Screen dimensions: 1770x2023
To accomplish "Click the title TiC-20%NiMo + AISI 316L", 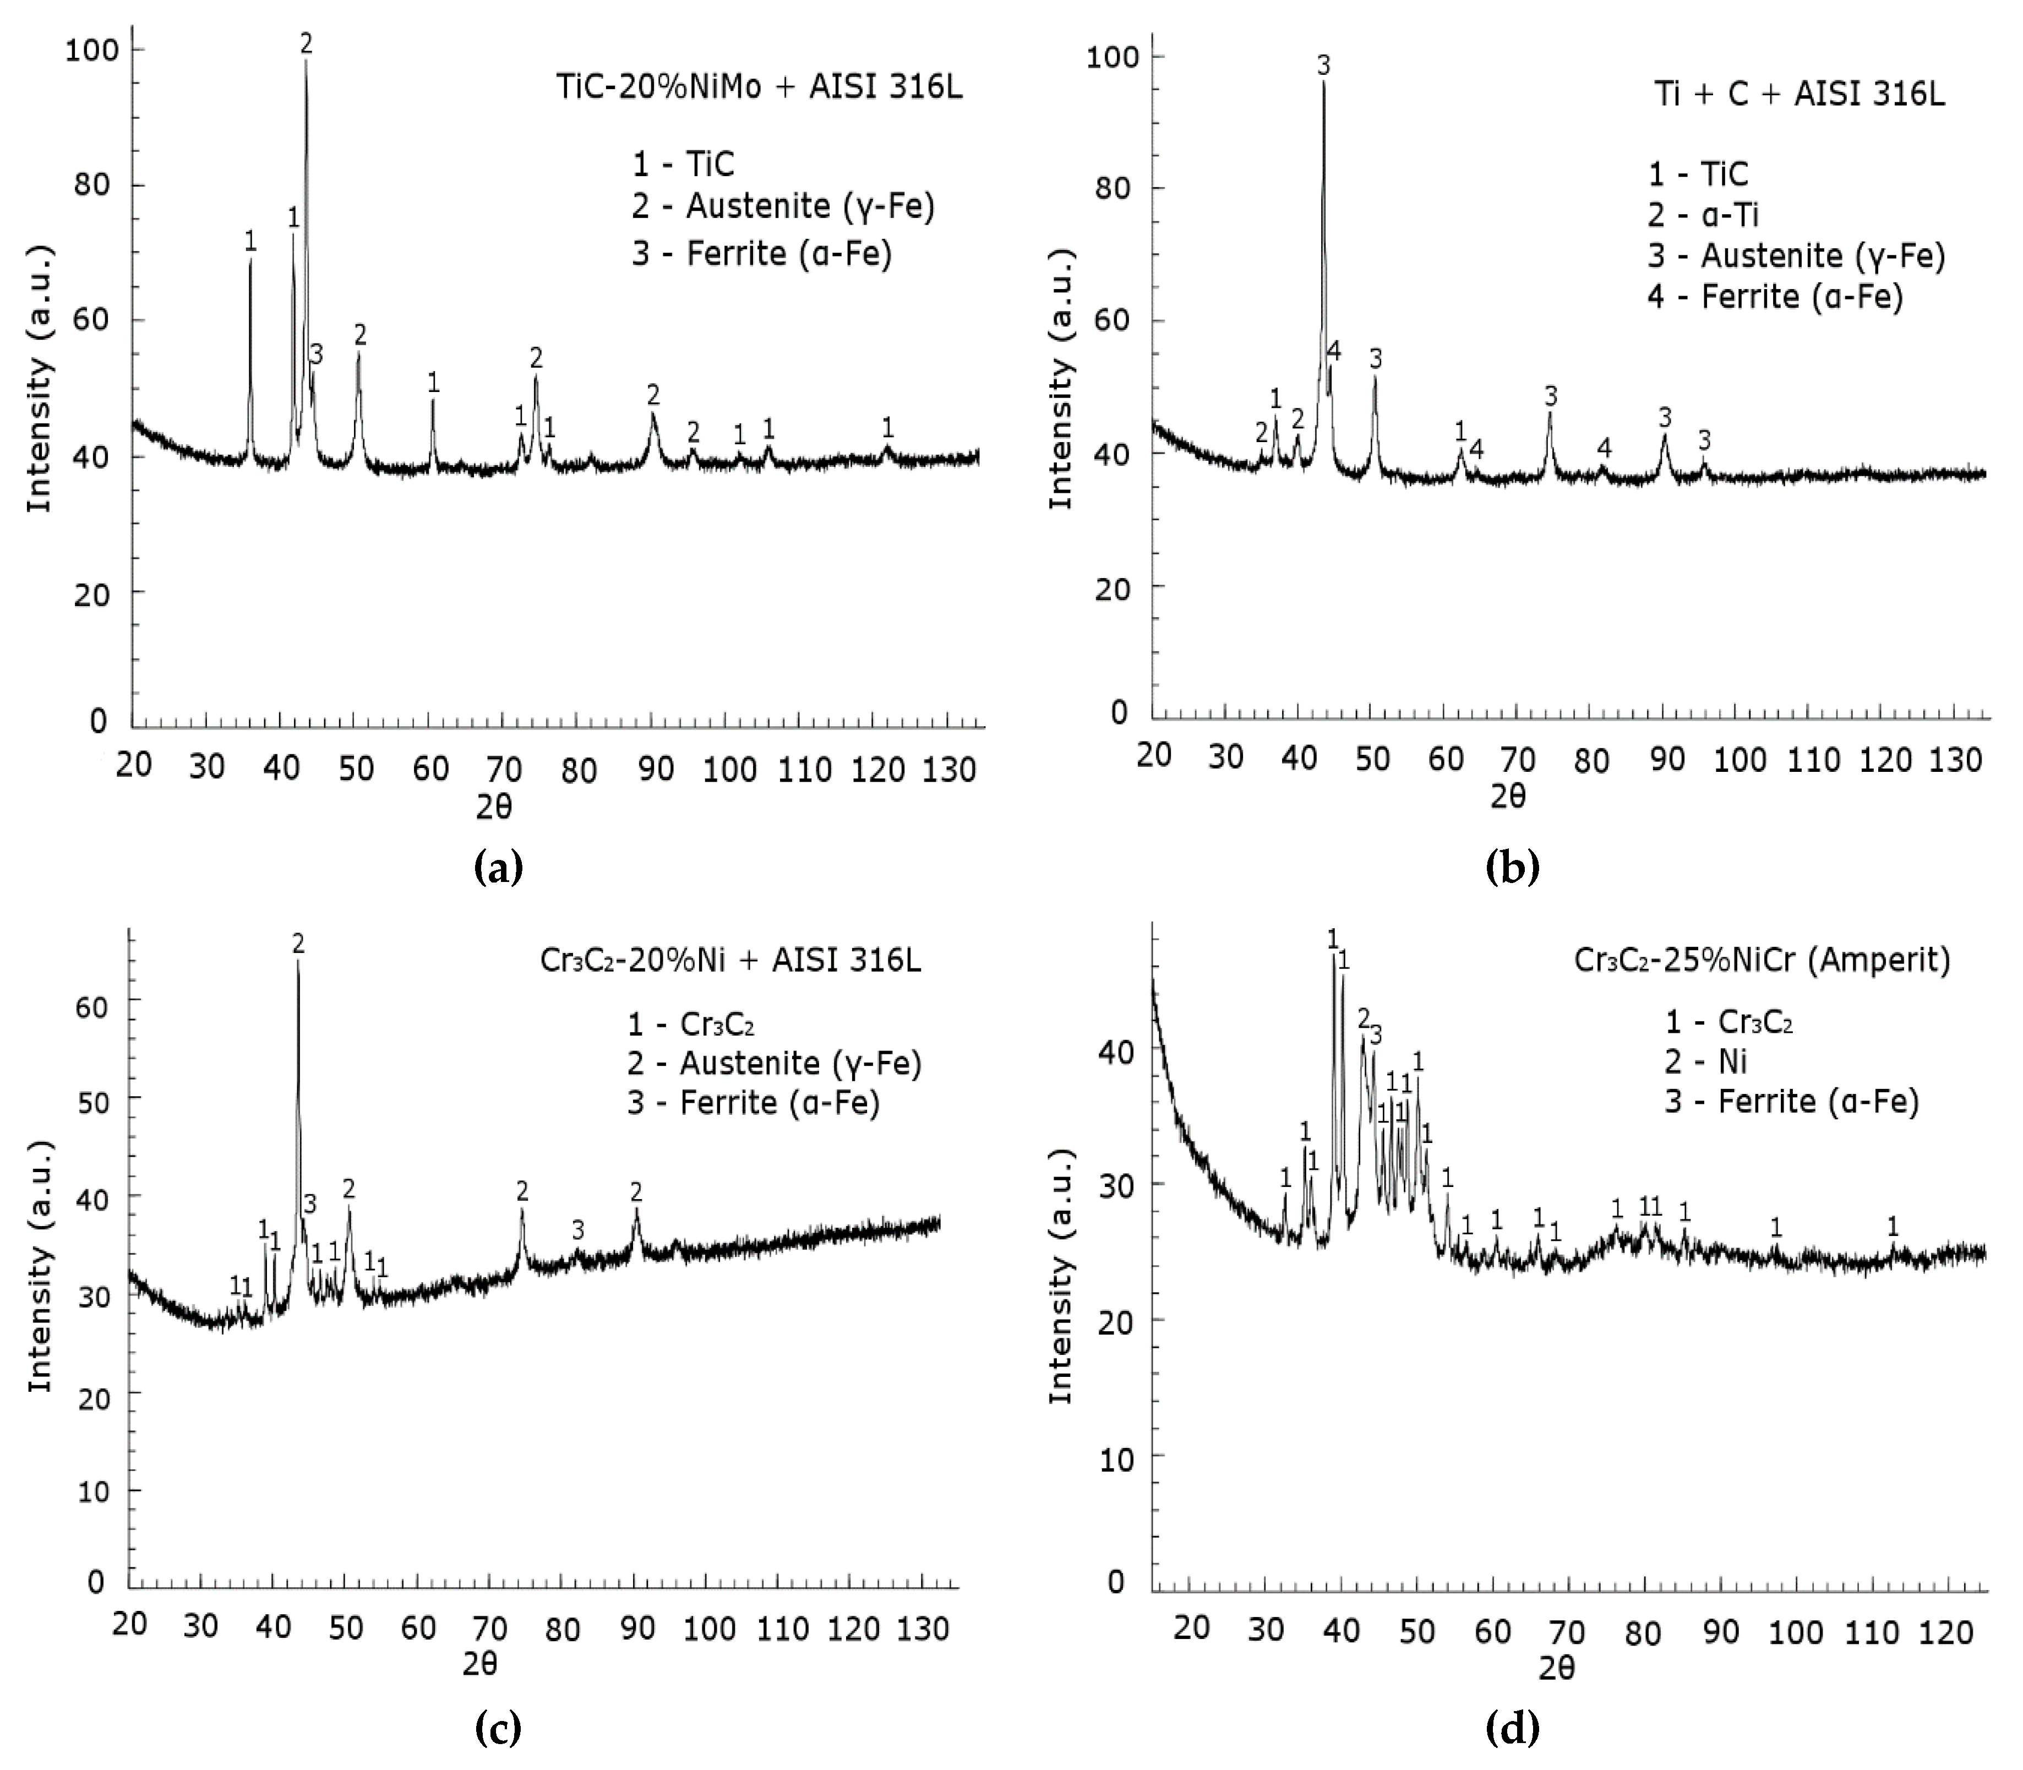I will pyautogui.click(x=759, y=88).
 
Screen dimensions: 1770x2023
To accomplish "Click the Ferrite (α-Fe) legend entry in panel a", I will pyautogui.click(x=762, y=254).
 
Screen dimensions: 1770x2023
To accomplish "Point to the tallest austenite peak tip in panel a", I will pyautogui.click(x=305, y=61).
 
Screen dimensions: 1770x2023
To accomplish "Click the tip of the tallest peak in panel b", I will pyautogui.click(x=1324, y=83).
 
